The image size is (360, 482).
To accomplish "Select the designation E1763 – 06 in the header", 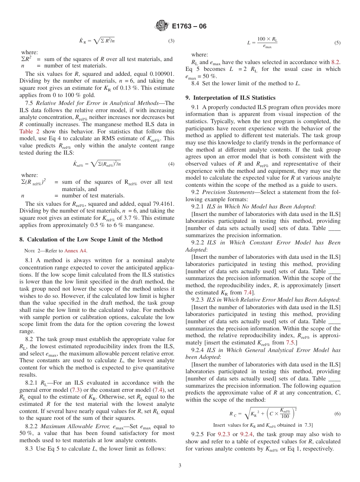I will (x=189, y=26).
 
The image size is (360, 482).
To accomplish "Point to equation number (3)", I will (x=171, y=41).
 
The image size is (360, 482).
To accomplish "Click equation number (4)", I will (x=171, y=164).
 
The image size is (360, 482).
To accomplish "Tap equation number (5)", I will (x=337, y=43).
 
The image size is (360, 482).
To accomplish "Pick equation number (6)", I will (x=337, y=414).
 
